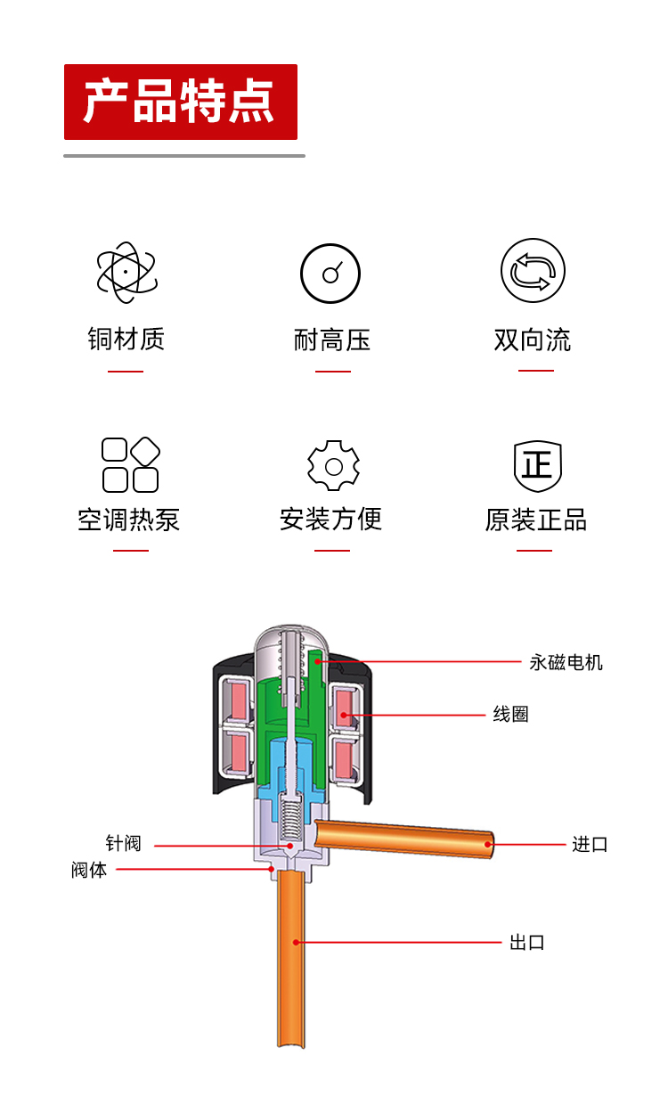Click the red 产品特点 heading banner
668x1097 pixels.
coord(181,102)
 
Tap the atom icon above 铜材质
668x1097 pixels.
coord(126,273)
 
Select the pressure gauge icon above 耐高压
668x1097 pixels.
coord(330,274)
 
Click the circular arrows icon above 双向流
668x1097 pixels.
coord(533,270)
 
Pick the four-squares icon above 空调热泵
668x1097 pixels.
coord(131,465)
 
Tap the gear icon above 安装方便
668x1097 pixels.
coord(333,465)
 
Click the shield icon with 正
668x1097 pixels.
coord(538,466)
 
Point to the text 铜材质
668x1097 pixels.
coord(126,339)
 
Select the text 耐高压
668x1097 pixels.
coord(332,340)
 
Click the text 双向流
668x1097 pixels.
coord(533,340)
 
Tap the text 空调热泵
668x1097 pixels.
coord(129,520)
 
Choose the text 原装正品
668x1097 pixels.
coord(536,520)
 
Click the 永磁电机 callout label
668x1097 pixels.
coord(566,663)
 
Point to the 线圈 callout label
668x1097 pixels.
coord(511,714)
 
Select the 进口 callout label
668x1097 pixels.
coord(590,844)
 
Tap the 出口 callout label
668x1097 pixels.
coord(527,942)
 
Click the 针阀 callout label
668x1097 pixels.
coord(123,843)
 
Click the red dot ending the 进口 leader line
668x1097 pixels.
coord(487,844)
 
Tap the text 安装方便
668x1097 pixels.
coord(330,520)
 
